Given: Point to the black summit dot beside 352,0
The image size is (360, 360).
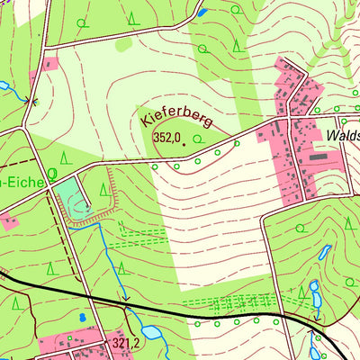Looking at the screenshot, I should tap(183, 139).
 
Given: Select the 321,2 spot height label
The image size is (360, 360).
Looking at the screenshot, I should tap(127, 343).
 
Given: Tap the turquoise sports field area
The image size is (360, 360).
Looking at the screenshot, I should tap(72, 200).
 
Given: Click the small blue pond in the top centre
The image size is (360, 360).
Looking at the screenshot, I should tap(202, 13).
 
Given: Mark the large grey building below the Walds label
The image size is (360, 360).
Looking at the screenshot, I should tap(319, 155).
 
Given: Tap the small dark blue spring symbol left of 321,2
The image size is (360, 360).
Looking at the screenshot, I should tap(83, 317).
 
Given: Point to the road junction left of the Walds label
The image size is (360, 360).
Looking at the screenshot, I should tap(290, 119).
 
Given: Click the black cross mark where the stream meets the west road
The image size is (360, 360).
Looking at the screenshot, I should tap(33, 101).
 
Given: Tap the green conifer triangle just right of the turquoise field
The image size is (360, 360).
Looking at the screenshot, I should tap(103, 190).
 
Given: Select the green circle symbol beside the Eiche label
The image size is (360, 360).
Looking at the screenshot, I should tap(52, 174).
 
